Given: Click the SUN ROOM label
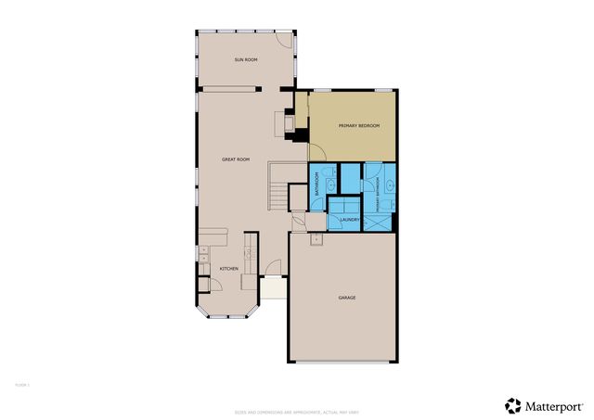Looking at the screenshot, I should coord(246,59).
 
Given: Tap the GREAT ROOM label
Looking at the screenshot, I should coord(236,159).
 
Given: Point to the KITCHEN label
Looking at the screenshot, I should coord(228,269).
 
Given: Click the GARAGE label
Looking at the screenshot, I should coord(347,298).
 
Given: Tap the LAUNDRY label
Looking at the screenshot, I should coord(349,219).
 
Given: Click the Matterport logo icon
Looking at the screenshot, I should coord(513,405).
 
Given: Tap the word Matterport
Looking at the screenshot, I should coord(555,405).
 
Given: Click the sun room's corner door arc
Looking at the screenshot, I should coord(285,44).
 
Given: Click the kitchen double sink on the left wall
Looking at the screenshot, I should coord(202,253).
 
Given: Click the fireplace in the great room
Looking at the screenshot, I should coord(289,122).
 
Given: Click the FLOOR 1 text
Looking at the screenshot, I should coord(21,382).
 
